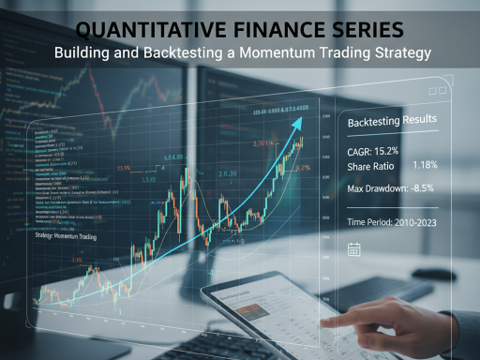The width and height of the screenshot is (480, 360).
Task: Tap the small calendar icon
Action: (x=354, y=248)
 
